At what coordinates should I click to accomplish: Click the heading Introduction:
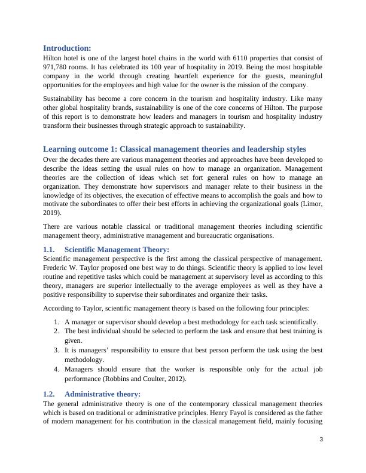pyautogui.click(x=67, y=48)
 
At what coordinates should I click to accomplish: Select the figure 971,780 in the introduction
pyautogui.click(x=58, y=67)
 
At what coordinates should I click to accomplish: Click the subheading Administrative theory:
pyautogui.click(x=102, y=394)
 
